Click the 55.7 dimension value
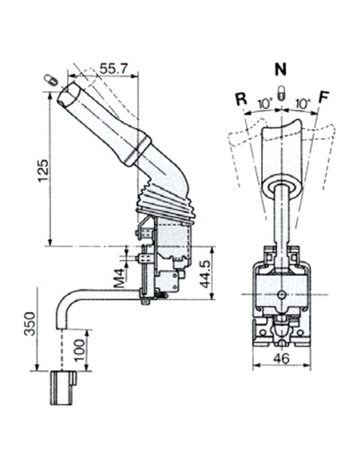click(x=115, y=70)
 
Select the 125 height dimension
click(x=44, y=166)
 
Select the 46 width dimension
click(x=282, y=358)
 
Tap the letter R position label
click(x=240, y=100)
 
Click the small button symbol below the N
click(x=280, y=89)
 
